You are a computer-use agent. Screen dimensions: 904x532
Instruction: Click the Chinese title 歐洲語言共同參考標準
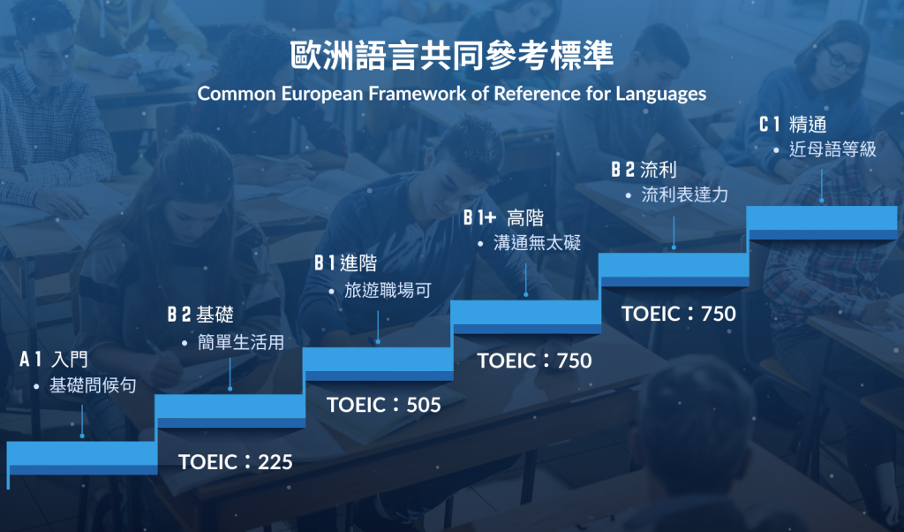[x=451, y=56]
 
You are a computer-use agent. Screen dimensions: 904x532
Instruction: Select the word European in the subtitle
[x=322, y=94]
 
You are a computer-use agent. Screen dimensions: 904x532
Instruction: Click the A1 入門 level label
[x=54, y=359]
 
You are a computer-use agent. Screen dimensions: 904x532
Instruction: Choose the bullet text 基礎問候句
[x=93, y=385]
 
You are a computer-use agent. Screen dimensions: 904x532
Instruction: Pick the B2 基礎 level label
[x=200, y=315]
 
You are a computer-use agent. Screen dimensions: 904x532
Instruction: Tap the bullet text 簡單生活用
[x=241, y=342]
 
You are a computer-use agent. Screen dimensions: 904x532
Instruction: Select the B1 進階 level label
[x=345, y=263]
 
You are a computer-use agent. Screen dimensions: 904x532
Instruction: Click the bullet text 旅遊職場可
[x=388, y=290]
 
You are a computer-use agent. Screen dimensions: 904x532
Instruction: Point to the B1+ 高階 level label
[x=503, y=217]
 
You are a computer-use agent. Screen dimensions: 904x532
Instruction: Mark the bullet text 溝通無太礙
[x=537, y=242]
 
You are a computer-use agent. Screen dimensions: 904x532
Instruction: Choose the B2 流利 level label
[x=644, y=170]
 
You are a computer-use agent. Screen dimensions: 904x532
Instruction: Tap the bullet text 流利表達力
[x=684, y=194]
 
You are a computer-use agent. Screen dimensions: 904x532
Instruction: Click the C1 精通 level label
[x=793, y=124]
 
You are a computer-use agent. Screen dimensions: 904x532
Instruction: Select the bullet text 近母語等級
[x=832, y=148]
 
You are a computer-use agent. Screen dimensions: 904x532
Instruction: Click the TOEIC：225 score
[x=235, y=462]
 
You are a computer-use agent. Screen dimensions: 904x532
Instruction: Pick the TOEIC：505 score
[x=384, y=405]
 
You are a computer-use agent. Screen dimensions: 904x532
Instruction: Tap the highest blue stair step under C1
[x=822, y=223]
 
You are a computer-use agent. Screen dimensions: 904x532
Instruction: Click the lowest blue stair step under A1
[x=82, y=459]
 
